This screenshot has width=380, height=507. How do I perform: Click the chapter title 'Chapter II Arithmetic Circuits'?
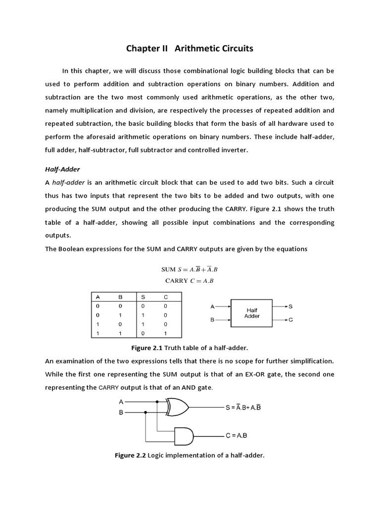pyautogui.click(x=190, y=49)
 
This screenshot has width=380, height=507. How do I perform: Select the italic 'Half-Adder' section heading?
pyautogui.click(x=62, y=169)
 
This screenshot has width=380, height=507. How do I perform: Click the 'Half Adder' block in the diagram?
pyautogui.click(x=252, y=313)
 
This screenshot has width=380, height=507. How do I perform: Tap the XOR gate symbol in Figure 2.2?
pyautogui.click(x=178, y=407)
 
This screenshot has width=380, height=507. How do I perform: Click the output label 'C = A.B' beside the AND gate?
pyautogui.click(x=236, y=436)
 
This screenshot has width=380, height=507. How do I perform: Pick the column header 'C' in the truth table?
pyautogui.click(x=165, y=297)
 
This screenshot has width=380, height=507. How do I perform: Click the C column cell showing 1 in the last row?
pyautogui.click(x=165, y=333)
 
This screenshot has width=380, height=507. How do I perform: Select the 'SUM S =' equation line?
pyautogui.click(x=190, y=270)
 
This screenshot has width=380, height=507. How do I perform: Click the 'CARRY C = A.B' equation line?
pyautogui.click(x=190, y=281)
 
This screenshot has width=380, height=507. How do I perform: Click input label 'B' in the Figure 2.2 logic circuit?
pyautogui.click(x=121, y=412)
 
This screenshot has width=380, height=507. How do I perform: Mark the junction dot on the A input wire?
pyautogui.click(x=157, y=402)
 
